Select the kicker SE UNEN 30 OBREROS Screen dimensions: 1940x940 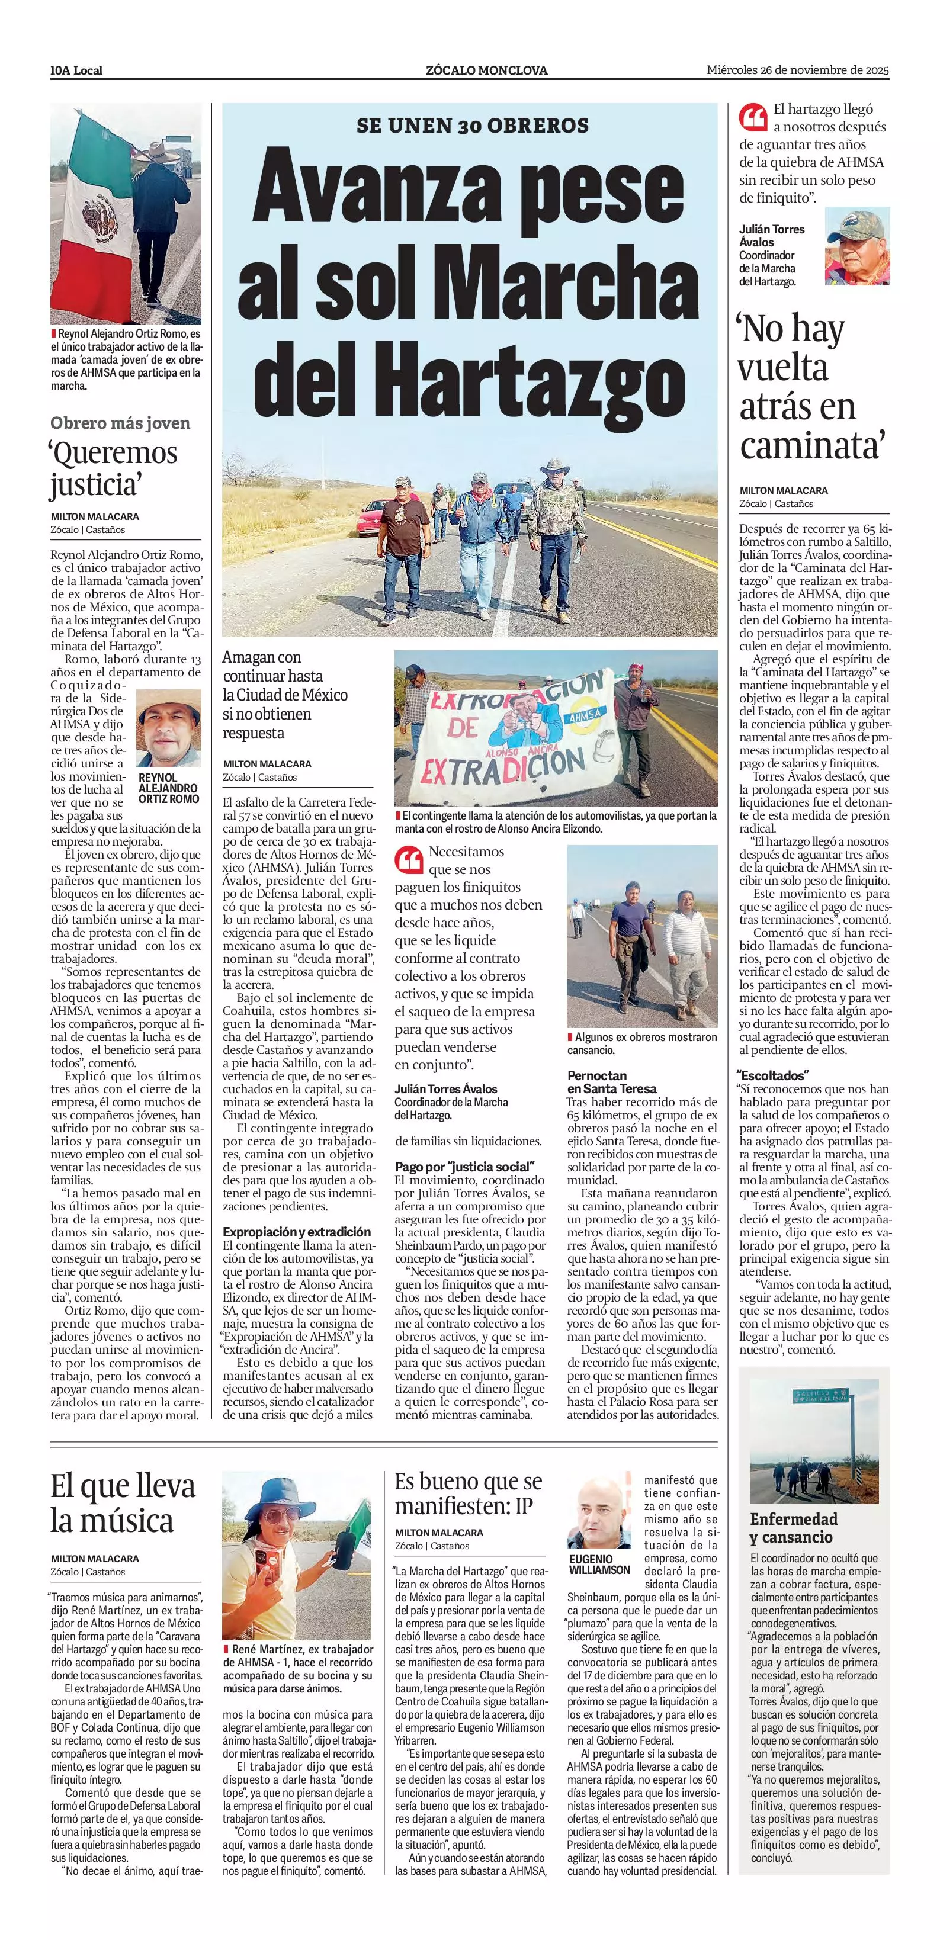pos(472,125)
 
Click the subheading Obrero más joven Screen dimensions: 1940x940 pos(120,422)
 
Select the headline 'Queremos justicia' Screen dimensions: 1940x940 pos(114,468)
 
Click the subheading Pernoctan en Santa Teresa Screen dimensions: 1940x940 pos(612,1081)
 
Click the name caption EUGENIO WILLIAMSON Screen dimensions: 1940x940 pos(599,1564)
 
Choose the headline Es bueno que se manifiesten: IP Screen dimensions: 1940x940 pos(469,1494)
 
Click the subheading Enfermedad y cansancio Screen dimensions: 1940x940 pos(793,1527)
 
